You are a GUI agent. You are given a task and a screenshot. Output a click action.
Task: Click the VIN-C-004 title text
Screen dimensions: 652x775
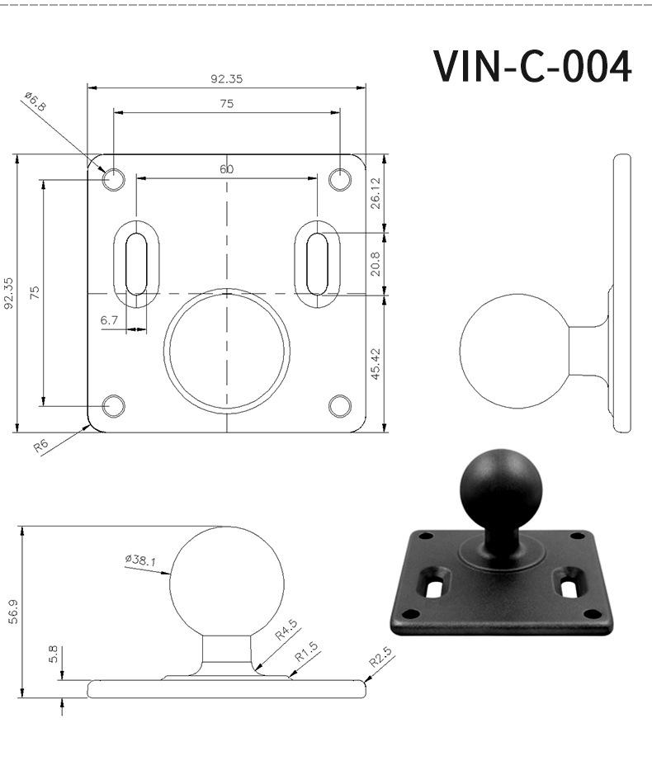pos(532,66)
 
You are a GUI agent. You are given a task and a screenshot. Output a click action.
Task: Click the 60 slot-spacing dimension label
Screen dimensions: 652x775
pos(226,169)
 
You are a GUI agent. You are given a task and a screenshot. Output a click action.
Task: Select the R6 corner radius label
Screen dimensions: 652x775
pos(41,447)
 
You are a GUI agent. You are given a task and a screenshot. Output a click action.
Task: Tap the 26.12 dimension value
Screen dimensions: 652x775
pos(376,193)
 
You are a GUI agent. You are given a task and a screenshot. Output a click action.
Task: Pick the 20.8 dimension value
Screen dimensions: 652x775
pos(376,264)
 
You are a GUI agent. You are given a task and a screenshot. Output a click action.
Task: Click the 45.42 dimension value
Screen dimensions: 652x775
pos(376,364)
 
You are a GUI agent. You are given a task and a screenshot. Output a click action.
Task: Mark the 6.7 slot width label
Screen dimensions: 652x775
pos(109,320)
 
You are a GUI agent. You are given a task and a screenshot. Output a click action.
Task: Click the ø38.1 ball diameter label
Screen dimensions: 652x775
pos(140,560)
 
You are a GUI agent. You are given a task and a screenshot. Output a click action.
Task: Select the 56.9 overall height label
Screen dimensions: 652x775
pos(13,612)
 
